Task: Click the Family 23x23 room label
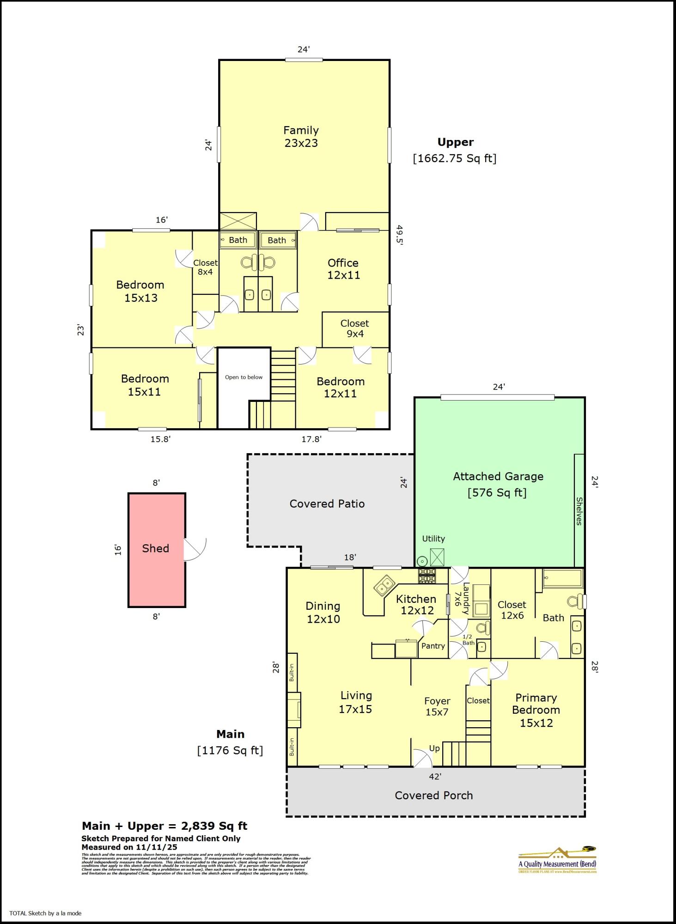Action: [301, 137]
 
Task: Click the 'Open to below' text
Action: [244, 377]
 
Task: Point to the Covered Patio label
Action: [327, 504]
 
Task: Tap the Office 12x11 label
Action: [343, 269]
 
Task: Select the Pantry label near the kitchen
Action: [433, 646]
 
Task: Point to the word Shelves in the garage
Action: [579, 511]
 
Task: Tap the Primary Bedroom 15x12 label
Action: [536, 710]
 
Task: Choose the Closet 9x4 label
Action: [354, 328]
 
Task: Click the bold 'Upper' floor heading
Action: [455, 142]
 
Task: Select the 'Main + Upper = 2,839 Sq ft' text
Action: [164, 826]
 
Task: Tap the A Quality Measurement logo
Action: [557, 860]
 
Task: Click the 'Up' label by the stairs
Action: [434, 748]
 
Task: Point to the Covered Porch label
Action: [433, 795]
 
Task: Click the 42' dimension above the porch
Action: [435, 777]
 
